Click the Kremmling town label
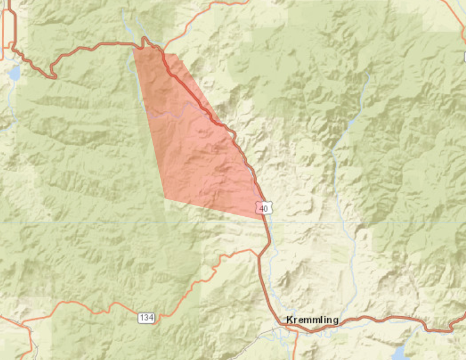click(312, 320)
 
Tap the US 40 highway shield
click(265, 207)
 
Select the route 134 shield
click(147, 318)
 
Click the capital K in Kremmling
click(290, 320)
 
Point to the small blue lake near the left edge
click(14, 74)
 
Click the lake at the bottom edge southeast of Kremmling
click(399, 353)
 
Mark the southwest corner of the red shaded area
click(164, 198)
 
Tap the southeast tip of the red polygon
click(263, 219)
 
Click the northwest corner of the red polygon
click(133, 48)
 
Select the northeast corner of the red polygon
click(177, 54)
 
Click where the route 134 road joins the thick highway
click(259, 256)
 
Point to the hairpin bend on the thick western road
click(53, 75)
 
